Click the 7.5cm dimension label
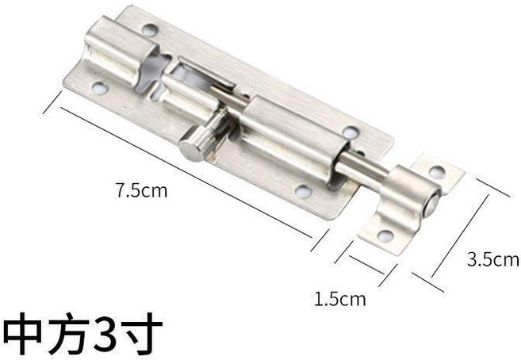pos(141,191)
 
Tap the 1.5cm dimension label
pos(340,299)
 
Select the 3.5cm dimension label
pos(493,259)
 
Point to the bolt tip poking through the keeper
pos(432,205)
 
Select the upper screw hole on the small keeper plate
pos(436,172)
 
